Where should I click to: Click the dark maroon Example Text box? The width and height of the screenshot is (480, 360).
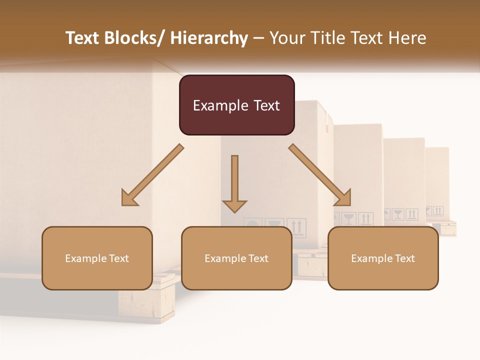(236, 105)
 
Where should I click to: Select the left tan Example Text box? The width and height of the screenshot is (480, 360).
(97, 258)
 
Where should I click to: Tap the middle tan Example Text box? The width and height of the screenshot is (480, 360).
(236, 258)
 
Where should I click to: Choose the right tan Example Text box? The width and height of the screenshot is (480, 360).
(383, 258)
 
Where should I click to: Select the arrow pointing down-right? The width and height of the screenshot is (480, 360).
(320, 175)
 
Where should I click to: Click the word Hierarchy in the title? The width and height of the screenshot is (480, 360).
(209, 38)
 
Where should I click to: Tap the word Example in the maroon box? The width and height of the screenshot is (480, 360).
(220, 105)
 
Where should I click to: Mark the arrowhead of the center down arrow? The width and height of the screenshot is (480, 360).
(234, 205)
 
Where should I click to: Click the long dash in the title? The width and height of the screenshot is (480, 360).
(259, 38)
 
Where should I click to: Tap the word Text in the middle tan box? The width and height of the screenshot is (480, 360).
(258, 258)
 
